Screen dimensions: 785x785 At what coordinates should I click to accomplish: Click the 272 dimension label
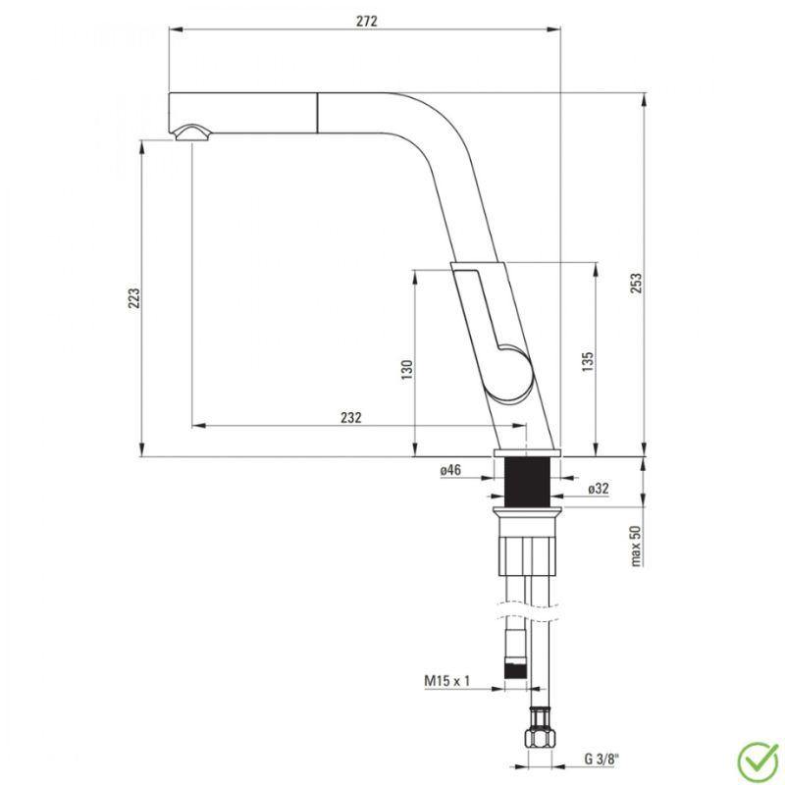point(366,21)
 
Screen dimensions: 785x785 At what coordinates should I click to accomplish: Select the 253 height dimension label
point(635,283)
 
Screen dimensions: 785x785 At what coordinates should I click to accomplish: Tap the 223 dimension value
point(134,298)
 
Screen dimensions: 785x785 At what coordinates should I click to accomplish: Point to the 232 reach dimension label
point(351,417)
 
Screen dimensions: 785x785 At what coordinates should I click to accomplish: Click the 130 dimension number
point(407,370)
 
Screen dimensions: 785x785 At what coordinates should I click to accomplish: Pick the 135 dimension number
point(588,361)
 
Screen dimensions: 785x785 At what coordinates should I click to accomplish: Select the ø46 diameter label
point(450,470)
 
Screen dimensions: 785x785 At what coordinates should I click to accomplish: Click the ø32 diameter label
point(599,489)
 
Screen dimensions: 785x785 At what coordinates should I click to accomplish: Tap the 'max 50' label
point(635,546)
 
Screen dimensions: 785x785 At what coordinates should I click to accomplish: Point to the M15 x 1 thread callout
point(447,681)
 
